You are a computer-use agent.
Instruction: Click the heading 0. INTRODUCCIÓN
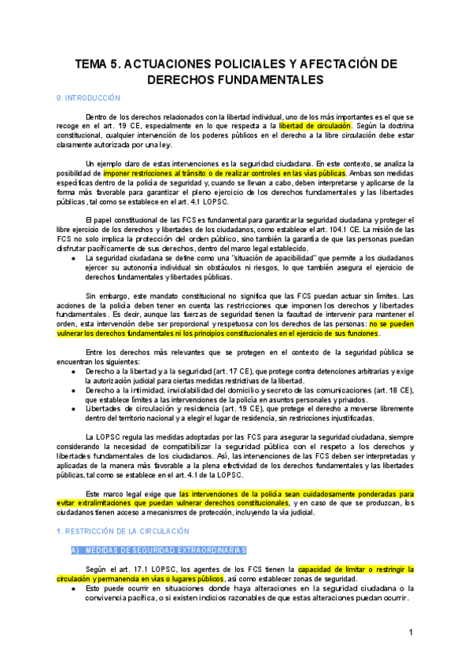pyautogui.click(x=88, y=98)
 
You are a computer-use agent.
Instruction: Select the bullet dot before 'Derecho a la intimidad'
pyautogui.click(x=74, y=390)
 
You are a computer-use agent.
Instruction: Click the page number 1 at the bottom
pyautogui.click(x=411, y=632)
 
